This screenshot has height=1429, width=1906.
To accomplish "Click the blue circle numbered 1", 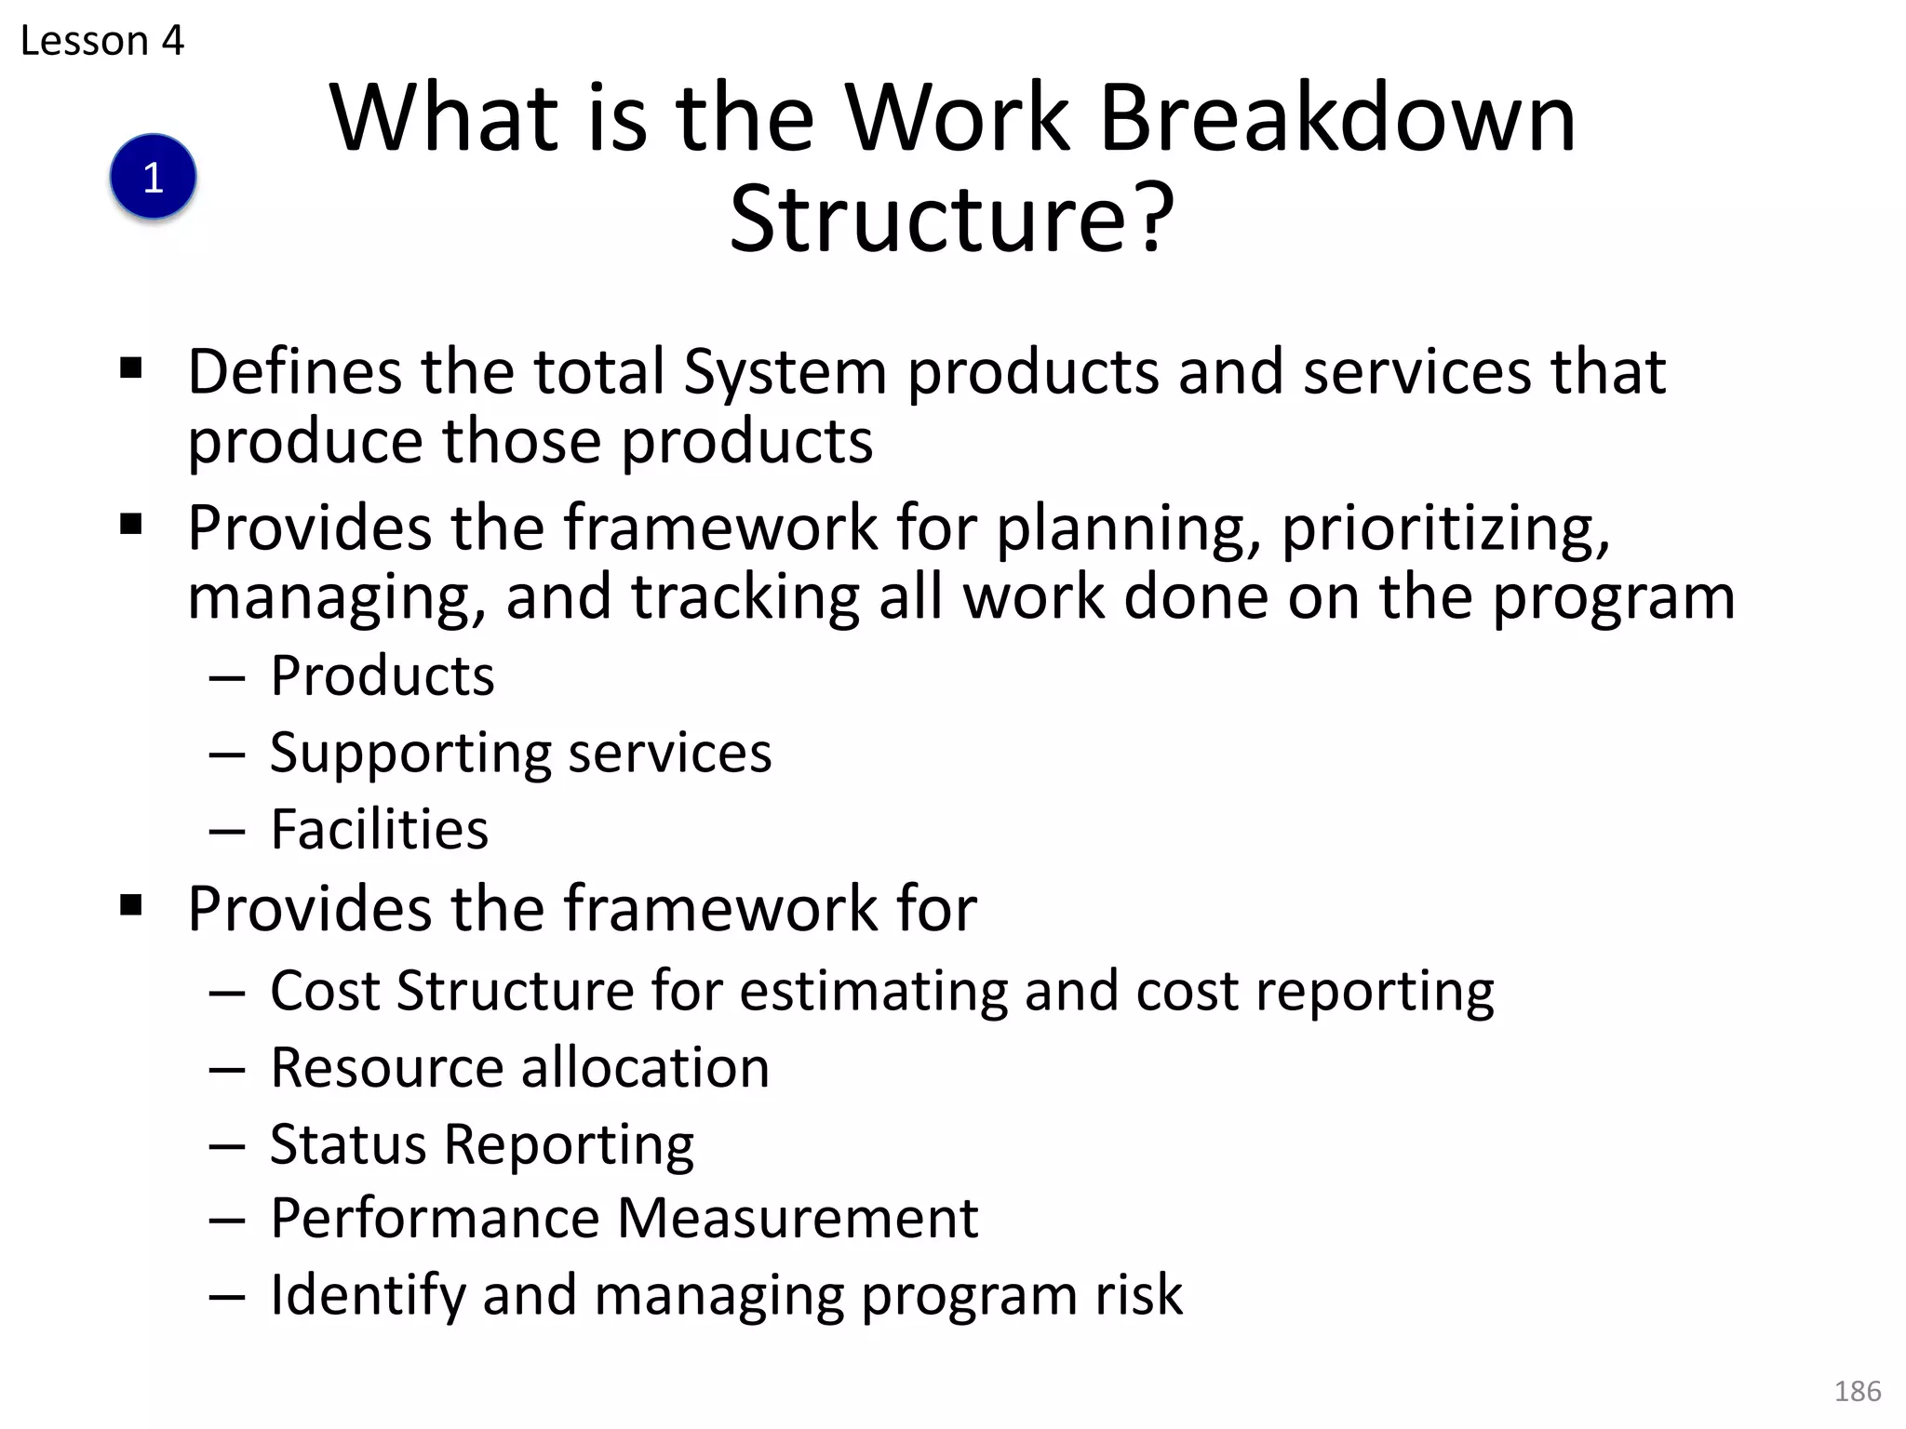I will coord(153,177).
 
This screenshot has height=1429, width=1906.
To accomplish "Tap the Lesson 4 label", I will coord(102,41).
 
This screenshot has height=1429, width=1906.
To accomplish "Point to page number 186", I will coord(1858,1391).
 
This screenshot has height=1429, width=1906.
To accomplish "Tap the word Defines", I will coord(293,371).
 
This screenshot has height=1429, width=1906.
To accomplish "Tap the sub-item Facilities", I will coord(379,829).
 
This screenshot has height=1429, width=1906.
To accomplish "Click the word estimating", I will coord(873,992).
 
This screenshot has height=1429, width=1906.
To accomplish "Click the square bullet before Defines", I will coord(131,369).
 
